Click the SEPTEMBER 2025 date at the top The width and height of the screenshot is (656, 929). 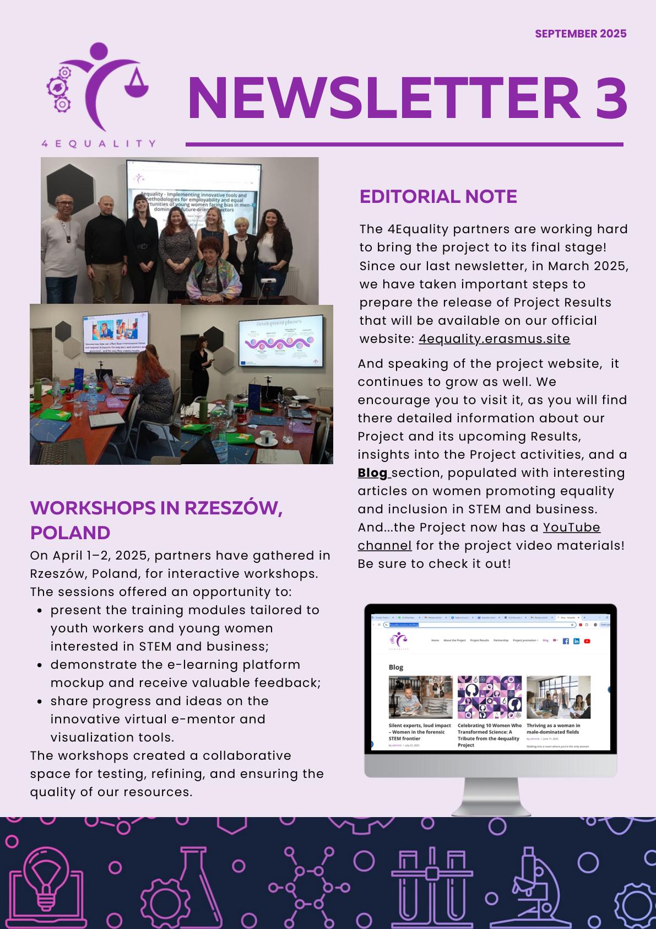pyautogui.click(x=581, y=34)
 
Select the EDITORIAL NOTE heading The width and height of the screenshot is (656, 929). pyautogui.click(x=438, y=197)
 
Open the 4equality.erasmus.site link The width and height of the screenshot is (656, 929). pyautogui.click(x=494, y=339)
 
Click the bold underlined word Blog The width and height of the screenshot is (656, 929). pyautogui.click(x=373, y=472)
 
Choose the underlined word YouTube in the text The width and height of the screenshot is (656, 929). pyautogui.click(x=571, y=527)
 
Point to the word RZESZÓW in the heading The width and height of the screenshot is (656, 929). pyautogui.click(x=234, y=507)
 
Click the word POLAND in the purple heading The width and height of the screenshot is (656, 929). pyautogui.click(x=70, y=533)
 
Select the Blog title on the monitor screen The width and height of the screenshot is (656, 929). pyautogui.click(x=396, y=667)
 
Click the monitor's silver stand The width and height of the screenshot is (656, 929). pyautogui.click(x=490, y=797)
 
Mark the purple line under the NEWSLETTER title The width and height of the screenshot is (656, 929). pyautogui.click(x=404, y=144)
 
